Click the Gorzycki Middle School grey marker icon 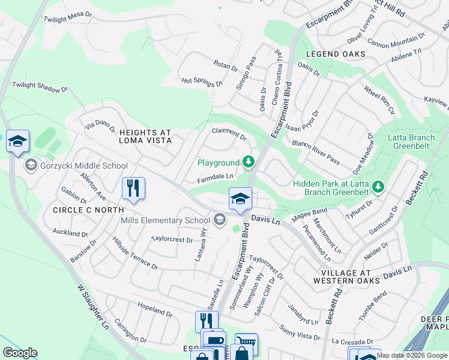31,165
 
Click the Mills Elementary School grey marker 220,220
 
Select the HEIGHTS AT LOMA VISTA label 145,136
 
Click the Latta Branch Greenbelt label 411,142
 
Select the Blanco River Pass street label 316,152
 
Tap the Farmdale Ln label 215,177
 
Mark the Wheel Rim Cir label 379,100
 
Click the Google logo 20,353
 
